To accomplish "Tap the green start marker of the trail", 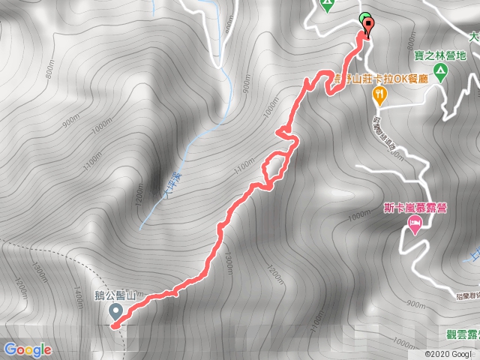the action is point(364,19).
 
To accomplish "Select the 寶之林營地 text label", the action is point(440,55).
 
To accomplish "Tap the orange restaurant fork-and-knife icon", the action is point(380,94).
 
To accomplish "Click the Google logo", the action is point(27,349).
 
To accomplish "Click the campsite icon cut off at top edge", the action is point(326,4).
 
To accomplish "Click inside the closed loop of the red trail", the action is point(273,168).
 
